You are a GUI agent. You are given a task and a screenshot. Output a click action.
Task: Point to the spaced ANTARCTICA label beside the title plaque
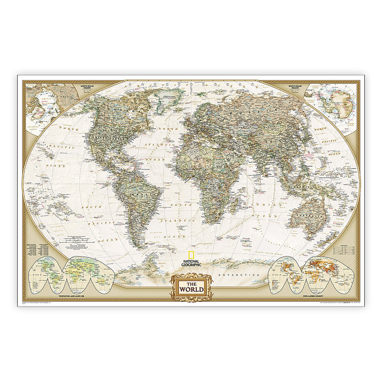click(237, 276)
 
